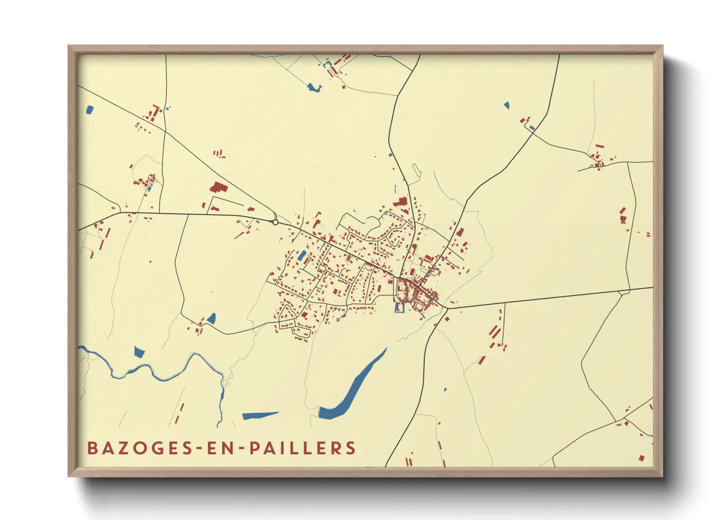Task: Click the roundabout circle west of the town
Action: pos(276,222)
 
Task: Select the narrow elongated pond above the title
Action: pos(260,415)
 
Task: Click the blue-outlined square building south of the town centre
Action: pos(399,308)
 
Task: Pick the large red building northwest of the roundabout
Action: pos(217,187)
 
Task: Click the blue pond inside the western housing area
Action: pos(302,256)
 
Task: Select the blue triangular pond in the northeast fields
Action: pos(506,105)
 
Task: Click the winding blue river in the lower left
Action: pos(162,374)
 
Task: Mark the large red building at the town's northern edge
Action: pos(401,202)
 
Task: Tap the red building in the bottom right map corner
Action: pos(642,458)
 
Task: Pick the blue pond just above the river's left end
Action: pos(140,352)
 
